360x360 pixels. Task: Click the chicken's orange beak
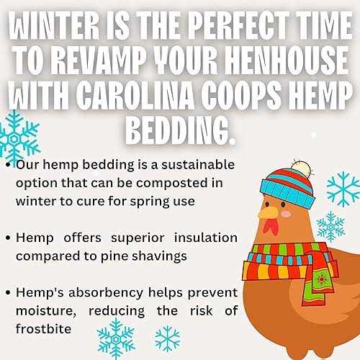pyautogui.click(x=268, y=213)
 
